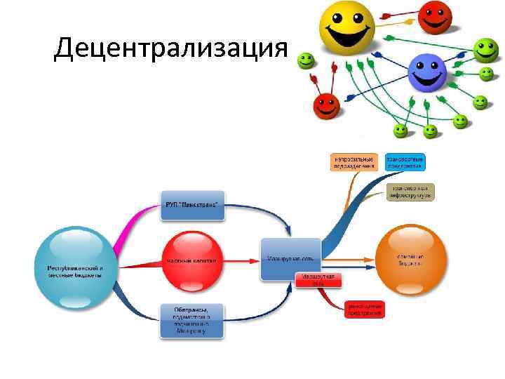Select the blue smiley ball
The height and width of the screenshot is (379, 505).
point(426,73)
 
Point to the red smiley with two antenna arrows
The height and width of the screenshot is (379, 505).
point(326,106)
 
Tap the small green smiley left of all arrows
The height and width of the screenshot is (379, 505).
point(305,61)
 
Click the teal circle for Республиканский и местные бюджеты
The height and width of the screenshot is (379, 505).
point(75,267)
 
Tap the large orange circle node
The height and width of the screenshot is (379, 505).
point(410,260)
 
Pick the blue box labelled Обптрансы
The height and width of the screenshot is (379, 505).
point(191,320)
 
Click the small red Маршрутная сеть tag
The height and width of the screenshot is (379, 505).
point(318,280)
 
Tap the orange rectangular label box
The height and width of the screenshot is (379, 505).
point(353,162)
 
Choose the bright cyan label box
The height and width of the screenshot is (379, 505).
point(405,162)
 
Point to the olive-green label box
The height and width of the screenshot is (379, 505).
point(410,192)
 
